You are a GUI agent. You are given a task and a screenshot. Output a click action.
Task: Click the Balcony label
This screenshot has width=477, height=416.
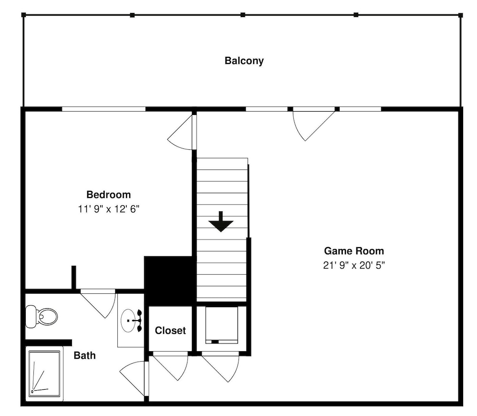[x=244, y=61]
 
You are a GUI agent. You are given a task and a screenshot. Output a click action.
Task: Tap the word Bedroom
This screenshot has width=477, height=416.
[x=109, y=195]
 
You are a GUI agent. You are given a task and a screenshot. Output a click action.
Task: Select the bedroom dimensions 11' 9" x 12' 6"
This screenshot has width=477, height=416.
[x=109, y=209]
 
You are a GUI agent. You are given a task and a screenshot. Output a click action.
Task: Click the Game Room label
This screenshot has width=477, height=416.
[x=354, y=251]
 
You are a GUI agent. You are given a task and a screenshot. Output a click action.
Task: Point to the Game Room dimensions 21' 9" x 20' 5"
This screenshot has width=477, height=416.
[x=354, y=265]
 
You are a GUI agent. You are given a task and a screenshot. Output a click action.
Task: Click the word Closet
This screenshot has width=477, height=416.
[x=170, y=331]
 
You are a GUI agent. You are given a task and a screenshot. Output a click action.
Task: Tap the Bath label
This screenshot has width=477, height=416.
[x=84, y=355]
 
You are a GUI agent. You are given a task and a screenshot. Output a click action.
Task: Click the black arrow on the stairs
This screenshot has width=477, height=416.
[x=221, y=221]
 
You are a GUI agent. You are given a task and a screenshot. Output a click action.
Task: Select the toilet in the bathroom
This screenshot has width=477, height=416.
[x=41, y=316]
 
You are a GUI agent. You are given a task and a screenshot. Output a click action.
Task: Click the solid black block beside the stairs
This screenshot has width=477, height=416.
[x=169, y=281]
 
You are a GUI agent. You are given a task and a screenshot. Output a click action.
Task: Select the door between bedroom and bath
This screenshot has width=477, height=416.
[x=98, y=304]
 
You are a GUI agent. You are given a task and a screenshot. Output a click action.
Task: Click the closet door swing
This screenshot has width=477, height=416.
[x=170, y=366]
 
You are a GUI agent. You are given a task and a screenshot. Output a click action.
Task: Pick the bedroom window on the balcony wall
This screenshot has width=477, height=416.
[x=104, y=109]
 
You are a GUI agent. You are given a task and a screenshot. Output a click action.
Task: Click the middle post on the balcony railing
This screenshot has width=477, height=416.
[x=243, y=15]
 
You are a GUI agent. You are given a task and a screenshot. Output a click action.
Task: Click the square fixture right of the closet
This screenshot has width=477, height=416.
[x=221, y=325]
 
